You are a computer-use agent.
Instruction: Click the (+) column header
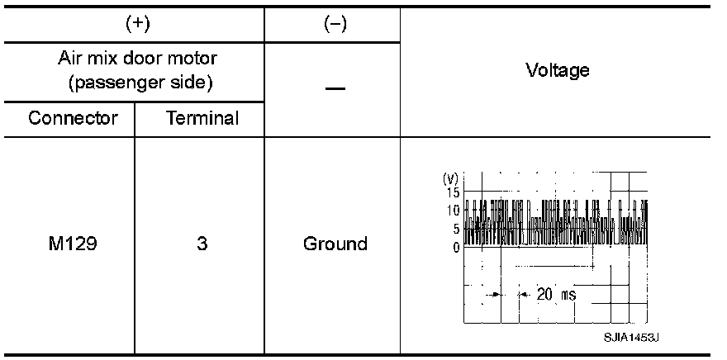(138, 25)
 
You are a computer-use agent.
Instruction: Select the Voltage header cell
(558, 70)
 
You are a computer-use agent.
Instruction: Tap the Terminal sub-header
(202, 118)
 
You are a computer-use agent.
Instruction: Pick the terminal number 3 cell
(202, 244)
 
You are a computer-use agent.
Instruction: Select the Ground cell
(335, 244)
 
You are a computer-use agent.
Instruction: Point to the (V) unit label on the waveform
(450, 179)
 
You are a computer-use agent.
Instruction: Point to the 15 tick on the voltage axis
(452, 192)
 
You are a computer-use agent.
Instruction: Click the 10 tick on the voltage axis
(452, 211)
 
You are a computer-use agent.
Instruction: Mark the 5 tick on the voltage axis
(455, 229)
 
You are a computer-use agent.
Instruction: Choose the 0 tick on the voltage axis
(455, 247)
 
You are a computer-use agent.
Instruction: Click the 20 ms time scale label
(555, 294)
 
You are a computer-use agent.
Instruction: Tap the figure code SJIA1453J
(634, 339)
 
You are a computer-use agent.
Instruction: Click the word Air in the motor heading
(69, 60)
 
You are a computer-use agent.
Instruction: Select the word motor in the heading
(197, 60)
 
